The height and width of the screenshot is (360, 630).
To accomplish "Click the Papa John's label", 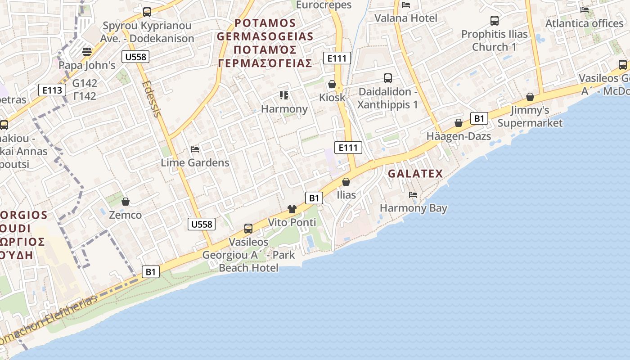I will [x=87, y=65].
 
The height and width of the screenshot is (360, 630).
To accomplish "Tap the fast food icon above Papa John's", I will [x=87, y=51].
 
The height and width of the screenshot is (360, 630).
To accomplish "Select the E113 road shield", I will [x=52, y=90].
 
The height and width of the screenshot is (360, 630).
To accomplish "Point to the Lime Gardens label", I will [x=195, y=162].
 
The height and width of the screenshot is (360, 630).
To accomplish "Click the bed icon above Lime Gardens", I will [x=195, y=149].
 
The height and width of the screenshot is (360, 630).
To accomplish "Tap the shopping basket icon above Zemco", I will [x=126, y=201].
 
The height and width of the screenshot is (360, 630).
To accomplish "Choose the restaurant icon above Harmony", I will [x=284, y=95].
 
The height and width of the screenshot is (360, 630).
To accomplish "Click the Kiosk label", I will [x=332, y=97].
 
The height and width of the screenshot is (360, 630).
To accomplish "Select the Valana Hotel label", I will [x=406, y=18].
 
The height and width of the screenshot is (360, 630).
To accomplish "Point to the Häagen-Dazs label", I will [x=459, y=136].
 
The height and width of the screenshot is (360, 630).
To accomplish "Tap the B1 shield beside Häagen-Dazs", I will [x=479, y=118].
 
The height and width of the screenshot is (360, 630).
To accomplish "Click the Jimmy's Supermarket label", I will [x=530, y=117].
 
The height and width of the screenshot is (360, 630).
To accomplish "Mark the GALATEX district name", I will [x=415, y=174].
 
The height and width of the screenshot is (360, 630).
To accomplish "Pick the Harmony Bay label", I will [x=413, y=208].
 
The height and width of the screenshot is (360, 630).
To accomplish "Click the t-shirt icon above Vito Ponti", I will [x=292, y=209].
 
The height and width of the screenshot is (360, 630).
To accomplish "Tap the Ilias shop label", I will [x=346, y=195].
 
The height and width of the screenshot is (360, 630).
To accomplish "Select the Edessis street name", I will [x=151, y=99].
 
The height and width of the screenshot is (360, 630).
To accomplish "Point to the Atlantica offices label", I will [x=584, y=23].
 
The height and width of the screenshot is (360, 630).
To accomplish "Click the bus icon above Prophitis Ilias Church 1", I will [x=494, y=20].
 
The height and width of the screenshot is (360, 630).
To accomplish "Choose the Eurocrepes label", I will [x=323, y=5].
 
